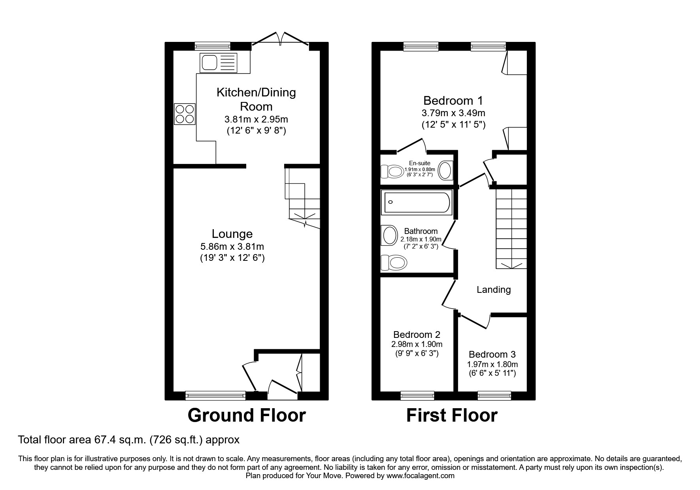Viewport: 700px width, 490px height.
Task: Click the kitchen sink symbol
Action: coord(219,62)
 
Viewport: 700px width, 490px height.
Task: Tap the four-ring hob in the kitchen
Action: coord(185,114)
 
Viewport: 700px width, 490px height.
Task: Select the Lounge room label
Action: coord(232,234)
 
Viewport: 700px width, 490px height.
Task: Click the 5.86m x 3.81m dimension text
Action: coord(232,247)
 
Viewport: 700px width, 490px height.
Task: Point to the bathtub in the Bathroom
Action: coord(416,202)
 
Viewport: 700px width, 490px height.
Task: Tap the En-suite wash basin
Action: coord(445,171)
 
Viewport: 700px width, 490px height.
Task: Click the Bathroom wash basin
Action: coord(389,236)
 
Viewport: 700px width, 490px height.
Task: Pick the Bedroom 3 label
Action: coord(492,354)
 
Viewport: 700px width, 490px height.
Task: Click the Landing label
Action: coord(494,290)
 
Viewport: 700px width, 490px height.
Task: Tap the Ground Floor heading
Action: coord(246,415)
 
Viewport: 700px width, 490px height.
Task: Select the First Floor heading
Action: coord(452,415)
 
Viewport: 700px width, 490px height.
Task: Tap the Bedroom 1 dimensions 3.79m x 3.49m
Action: coord(453,113)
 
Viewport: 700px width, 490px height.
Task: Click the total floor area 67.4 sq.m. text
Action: coord(129,439)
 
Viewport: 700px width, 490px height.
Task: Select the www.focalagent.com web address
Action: coord(420,476)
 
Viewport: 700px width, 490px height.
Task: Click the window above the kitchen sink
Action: coord(213,46)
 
